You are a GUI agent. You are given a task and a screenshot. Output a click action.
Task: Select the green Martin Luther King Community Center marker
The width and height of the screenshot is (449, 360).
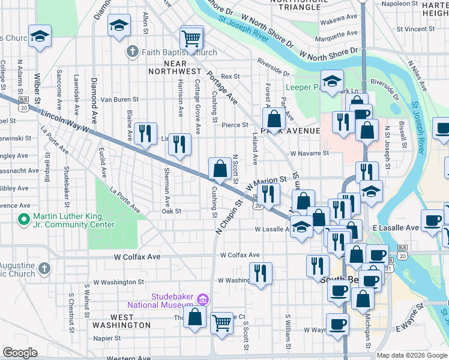click(x=25, y=220)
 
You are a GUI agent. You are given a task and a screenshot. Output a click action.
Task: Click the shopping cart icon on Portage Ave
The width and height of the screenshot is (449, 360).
click(x=191, y=38)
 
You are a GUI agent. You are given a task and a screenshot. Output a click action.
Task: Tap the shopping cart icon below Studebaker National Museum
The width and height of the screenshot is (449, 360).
click(x=222, y=323)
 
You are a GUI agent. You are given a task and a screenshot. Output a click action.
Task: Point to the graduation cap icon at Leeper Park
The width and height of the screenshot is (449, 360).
click(x=331, y=83)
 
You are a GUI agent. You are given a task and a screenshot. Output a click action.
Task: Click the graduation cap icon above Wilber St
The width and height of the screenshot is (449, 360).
click(x=40, y=37)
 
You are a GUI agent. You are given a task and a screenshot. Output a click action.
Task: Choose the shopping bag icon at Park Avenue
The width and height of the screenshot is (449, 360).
click(x=274, y=118)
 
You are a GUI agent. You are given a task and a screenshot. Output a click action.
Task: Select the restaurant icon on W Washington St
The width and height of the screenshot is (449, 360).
click(x=261, y=273)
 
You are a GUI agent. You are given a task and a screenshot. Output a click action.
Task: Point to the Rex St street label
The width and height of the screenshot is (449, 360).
click(x=230, y=77)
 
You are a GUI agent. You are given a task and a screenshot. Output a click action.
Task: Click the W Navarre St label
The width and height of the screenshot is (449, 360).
click(x=309, y=153)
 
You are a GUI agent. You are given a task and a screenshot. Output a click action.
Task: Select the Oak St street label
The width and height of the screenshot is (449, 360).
click(x=171, y=211)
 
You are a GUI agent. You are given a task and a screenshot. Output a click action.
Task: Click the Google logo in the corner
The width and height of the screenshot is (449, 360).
click(x=20, y=353)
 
